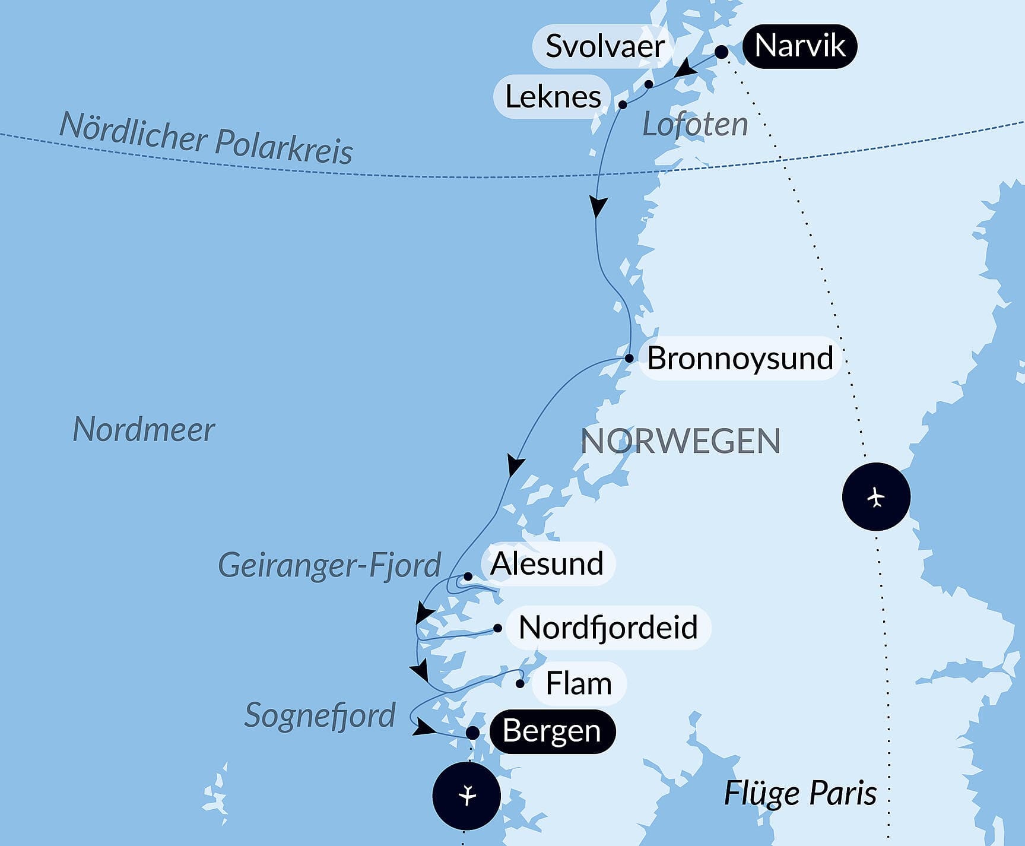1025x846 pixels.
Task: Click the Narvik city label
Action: pyautogui.click(x=799, y=46)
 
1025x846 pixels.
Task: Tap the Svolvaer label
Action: pyautogui.click(x=604, y=46)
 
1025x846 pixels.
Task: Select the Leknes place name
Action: pyautogui.click(x=553, y=97)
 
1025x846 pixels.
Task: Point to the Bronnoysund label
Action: pyautogui.click(x=740, y=358)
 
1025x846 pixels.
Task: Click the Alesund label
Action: pyautogui.click(x=547, y=563)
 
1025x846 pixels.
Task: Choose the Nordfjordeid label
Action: pyautogui.click(x=608, y=628)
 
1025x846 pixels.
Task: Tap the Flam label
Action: pyautogui.click(x=578, y=683)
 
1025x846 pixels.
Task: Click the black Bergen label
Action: pyautogui.click(x=551, y=731)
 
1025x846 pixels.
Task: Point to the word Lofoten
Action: pyautogui.click(x=695, y=125)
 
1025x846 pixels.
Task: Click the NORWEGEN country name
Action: pyautogui.click(x=680, y=441)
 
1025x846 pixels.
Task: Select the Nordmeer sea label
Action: pyautogui.click(x=143, y=429)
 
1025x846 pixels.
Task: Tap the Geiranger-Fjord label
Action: pyautogui.click(x=329, y=565)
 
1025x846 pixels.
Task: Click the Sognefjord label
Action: pyautogui.click(x=319, y=715)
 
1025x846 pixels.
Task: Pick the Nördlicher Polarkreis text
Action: pyautogui.click(x=206, y=140)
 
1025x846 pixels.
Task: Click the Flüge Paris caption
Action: pyautogui.click(x=800, y=793)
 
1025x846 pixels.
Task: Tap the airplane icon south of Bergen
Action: pyautogui.click(x=467, y=796)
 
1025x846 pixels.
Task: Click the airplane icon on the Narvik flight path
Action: pyautogui.click(x=876, y=497)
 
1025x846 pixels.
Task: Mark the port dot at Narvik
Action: pyautogui.click(x=721, y=52)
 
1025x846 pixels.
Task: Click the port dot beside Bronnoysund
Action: pyautogui.click(x=629, y=358)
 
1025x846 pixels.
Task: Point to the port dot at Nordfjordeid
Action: pyautogui.click(x=497, y=628)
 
